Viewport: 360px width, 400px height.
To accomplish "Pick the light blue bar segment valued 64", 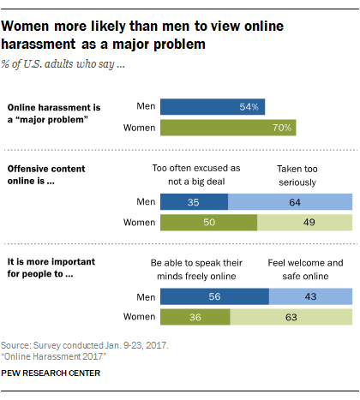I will click(291, 202).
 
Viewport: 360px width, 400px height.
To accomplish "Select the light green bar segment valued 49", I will click(305, 223).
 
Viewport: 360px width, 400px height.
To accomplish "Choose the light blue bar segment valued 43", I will click(310, 296).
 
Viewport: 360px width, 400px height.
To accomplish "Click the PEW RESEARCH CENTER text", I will click(51, 373).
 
